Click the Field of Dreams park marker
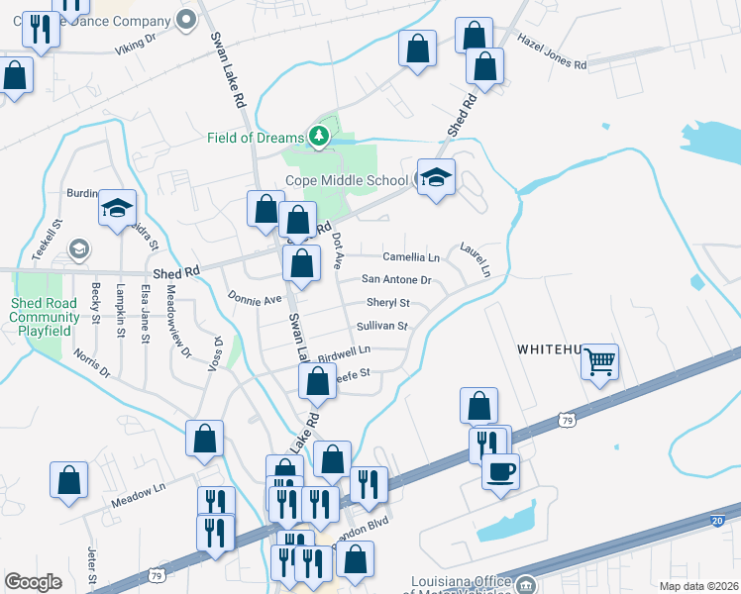(x=318, y=137)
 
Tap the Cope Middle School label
(x=347, y=180)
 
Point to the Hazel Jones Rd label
(x=552, y=51)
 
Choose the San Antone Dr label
(x=396, y=280)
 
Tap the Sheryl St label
(x=388, y=303)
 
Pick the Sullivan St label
(x=381, y=326)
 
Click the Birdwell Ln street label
(x=344, y=351)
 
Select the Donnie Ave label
(x=255, y=298)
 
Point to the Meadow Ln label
(x=138, y=491)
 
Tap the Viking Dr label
(x=136, y=43)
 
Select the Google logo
(x=33, y=582)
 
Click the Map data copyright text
(x=698, y=586)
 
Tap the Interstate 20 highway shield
(x=717, y=521)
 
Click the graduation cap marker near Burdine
(x=117, y=209)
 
